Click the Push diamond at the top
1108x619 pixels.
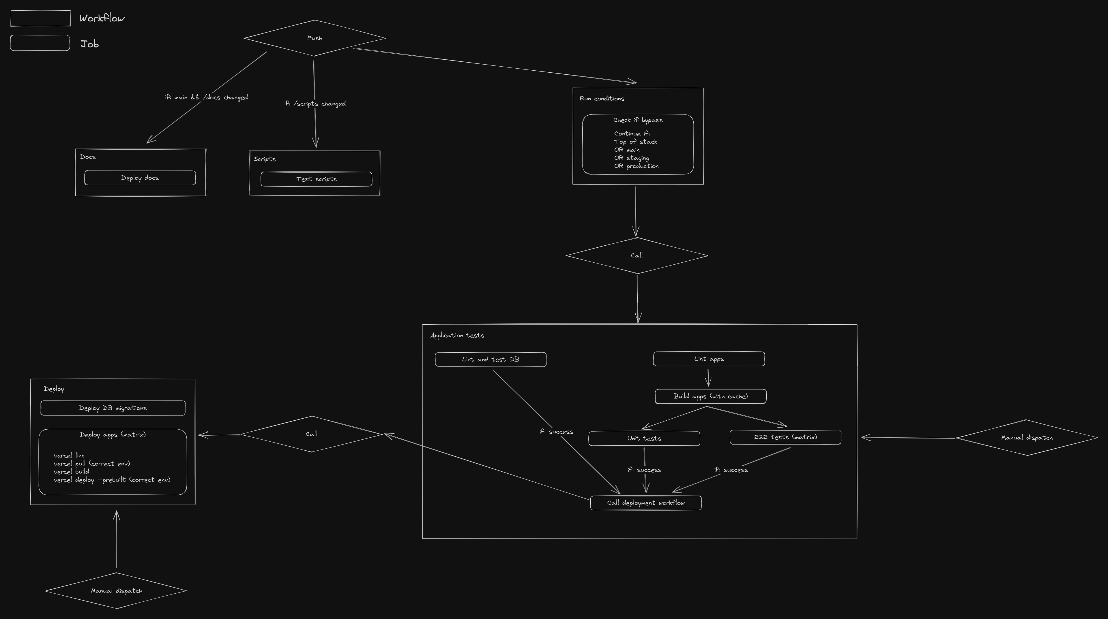tap(315, 38)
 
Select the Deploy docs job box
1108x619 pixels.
tap(140, 178)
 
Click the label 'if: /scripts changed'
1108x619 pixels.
tap(315, 104)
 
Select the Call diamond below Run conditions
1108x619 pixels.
tap(637, 255)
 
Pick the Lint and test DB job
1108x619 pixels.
tap(490, 359)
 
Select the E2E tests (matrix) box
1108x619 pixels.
tap(785, 437)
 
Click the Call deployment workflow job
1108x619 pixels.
tap(646, 503)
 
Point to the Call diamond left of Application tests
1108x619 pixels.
tap(311, 434)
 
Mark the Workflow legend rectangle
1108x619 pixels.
tap(40, 18)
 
